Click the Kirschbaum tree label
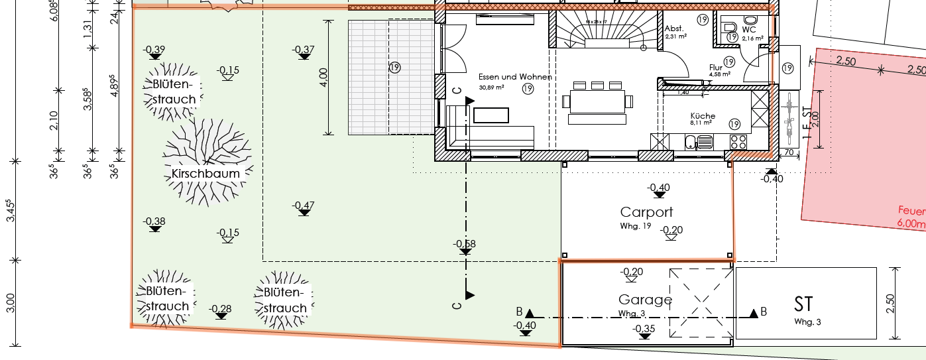pos(205,174)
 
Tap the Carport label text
pos(646,212)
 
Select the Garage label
pos(645,300)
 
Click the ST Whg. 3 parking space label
pos(803,304)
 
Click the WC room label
pos(749,30)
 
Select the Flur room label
pos(715,68)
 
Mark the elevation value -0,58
pos(464,244)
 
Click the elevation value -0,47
pos(303,205)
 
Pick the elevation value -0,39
pos(154,50)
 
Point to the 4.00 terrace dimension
pos(323,77)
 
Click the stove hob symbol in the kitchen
pos(738,141)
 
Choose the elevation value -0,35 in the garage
pos(644,329)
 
